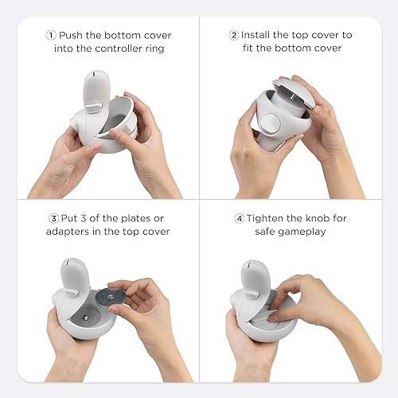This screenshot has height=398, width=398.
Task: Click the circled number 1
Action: pos(52,36)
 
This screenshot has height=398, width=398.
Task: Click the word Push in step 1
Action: pos(74,36)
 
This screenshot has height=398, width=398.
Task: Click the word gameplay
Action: pos(314,232)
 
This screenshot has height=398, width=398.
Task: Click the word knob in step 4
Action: pos(318,218)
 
